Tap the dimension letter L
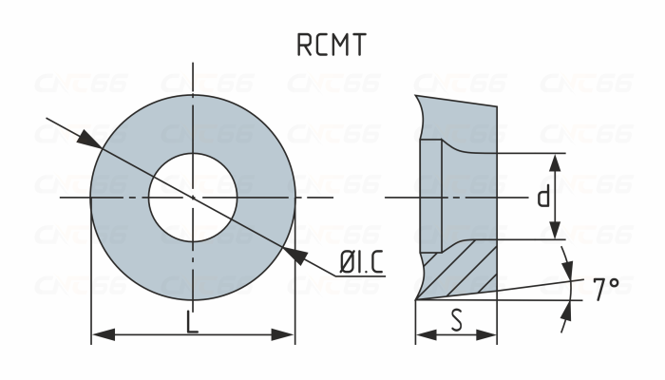(193, 323)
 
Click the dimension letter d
(542, 198)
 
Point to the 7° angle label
(606, 288)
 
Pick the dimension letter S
(457, 321)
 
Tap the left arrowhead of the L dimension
(101, 334)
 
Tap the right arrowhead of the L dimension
(286, 334)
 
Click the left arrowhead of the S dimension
(424, 334)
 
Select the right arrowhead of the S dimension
(489, 334)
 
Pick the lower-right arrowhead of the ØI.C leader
(294, 254)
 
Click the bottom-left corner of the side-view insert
(416, 299)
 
